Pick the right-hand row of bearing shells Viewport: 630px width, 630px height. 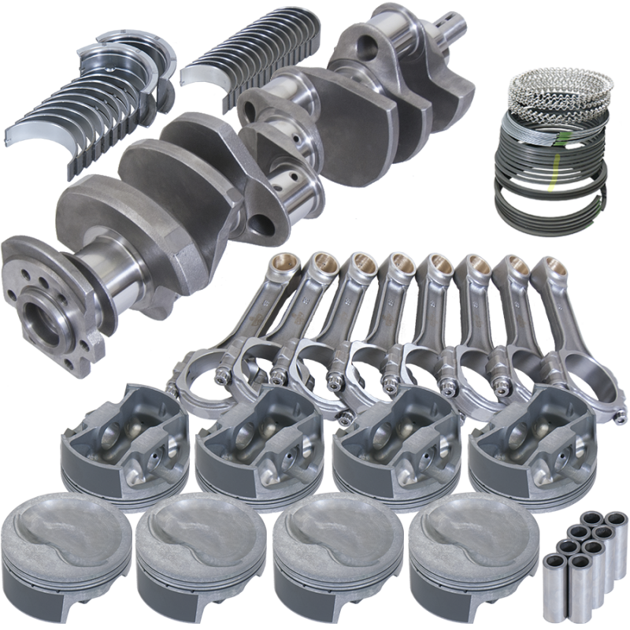(252, 63)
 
